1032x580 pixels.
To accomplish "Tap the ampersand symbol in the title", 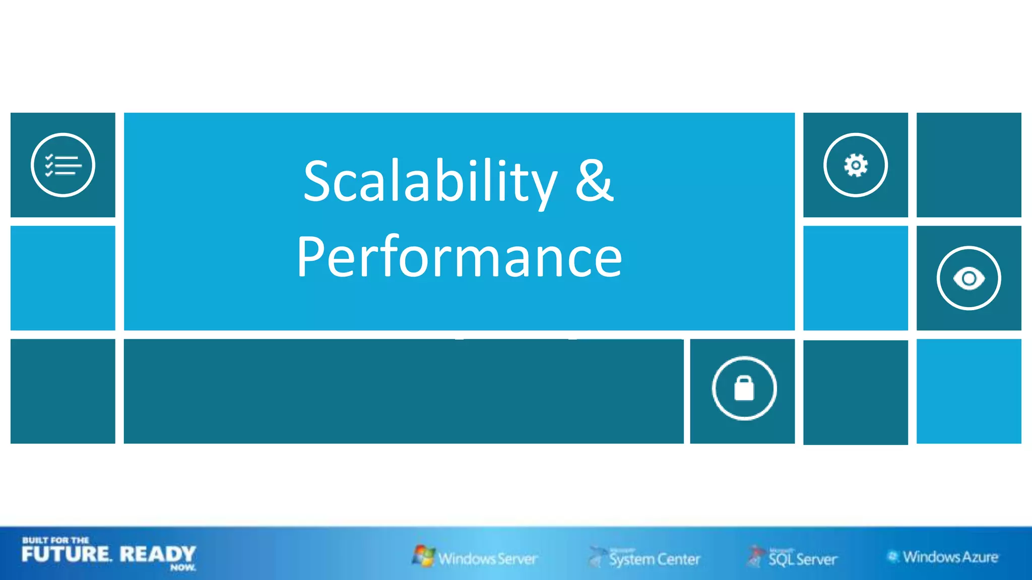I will (x=595, y=180).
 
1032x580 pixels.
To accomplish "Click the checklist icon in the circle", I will (x=63, y=165).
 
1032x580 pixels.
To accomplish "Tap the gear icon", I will (x=856, y=165).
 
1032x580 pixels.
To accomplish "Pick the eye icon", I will (x=969, y=278).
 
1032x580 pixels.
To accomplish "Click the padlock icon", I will (x=744, y=388).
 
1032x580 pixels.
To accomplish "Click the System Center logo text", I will (x=655, y=559).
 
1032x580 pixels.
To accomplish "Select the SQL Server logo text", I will (x=803, y=559).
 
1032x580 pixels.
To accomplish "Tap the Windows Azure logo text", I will (x=950, y=557).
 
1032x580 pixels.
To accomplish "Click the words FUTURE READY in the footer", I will (x=108, y=554).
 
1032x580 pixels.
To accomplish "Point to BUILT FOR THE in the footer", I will (x=55, y=540).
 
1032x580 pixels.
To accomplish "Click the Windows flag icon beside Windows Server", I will (x=423, y=555).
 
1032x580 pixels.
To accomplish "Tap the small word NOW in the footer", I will (x=182, y=567).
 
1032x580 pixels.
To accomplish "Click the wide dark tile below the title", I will (x=403, y=391).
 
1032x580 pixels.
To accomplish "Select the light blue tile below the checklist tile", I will (x=63, y=278).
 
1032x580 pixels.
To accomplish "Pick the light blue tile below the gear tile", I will (x=856, y=278).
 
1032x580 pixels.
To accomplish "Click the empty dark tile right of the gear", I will (x=969, y=165).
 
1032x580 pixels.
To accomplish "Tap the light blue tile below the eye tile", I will (x=969, y=391).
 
